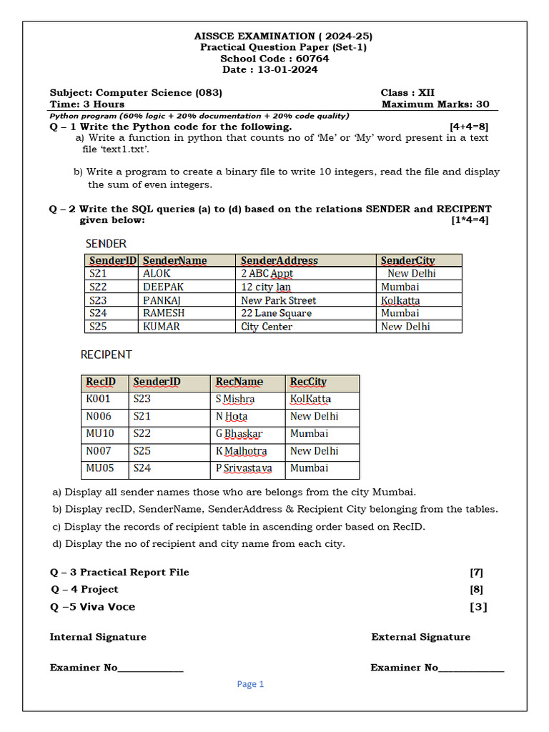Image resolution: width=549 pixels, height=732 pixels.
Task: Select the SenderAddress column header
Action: coord(279,260)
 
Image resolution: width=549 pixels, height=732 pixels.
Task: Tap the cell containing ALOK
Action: coord(157,273)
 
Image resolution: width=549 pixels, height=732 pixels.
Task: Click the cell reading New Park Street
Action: coord(278,300)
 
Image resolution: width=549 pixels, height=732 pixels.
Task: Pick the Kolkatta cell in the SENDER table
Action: coord(400,300)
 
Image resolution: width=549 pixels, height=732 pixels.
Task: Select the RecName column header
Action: coord(239,382)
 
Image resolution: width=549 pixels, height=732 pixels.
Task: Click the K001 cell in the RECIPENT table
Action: coord(99,399)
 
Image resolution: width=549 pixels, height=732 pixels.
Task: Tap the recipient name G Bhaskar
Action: coord(239,433)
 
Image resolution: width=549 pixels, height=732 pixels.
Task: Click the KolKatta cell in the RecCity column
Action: coord(310,399)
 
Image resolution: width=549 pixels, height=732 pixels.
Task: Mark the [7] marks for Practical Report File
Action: coord(476,572)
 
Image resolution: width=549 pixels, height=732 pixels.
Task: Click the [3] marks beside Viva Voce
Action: coord(478,607)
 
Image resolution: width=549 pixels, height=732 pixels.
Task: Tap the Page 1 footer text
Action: coord(250,684)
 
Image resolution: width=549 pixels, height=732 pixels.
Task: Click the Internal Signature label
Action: coord(98,637)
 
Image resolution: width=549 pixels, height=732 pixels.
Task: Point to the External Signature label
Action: coord(420,637)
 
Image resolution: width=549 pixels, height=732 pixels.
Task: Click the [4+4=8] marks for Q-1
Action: coord(469,127)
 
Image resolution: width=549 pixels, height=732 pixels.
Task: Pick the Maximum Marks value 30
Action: coord(483,104)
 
